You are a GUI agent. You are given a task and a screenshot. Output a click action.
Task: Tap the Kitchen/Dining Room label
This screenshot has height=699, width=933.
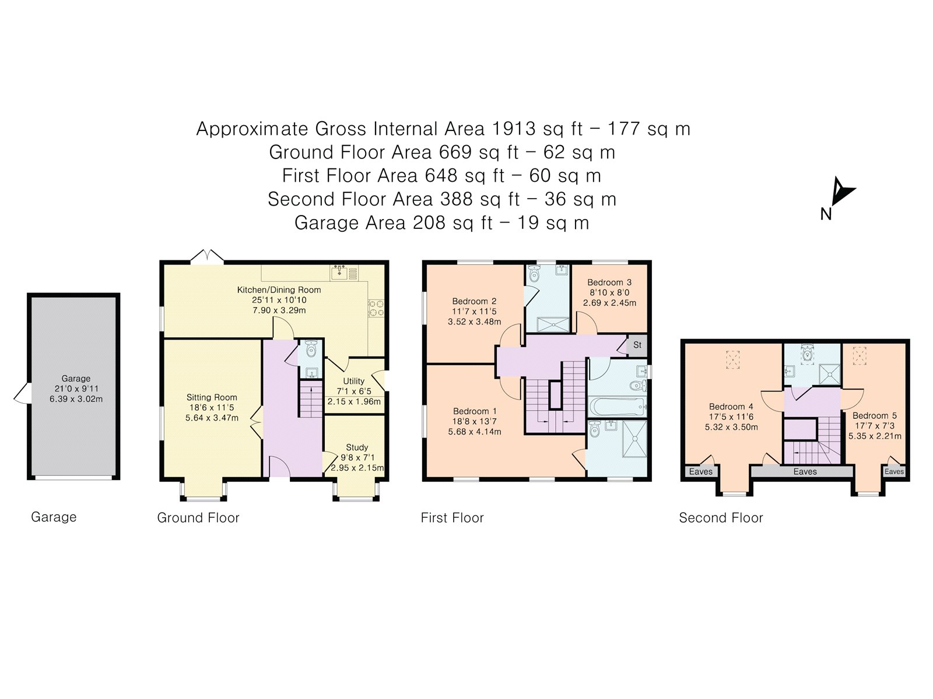coord(279,290)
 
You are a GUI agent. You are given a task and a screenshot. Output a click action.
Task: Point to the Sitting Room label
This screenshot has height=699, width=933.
coord(212,397)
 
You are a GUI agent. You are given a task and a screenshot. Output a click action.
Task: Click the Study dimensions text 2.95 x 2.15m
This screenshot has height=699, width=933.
coord(357,468)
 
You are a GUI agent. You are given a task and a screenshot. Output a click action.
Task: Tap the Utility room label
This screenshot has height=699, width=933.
coord(353,381)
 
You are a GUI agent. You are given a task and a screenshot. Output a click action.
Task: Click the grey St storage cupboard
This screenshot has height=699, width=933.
coord(637,345)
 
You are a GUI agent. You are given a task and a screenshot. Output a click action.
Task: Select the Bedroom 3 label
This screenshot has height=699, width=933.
coord(609,282)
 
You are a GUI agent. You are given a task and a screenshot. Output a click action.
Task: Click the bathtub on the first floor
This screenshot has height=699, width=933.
coord(617,406)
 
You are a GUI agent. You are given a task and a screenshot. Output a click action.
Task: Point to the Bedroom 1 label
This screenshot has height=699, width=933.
coord(475,411)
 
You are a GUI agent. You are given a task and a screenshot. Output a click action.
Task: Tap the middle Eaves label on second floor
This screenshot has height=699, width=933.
coord(805,471)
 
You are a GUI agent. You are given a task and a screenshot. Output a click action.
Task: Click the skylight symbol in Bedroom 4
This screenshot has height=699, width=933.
coord(732,359)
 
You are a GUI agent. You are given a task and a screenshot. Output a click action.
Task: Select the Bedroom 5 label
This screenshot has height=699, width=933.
coord(874,415)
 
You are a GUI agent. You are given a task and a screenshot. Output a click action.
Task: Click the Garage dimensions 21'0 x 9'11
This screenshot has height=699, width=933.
coord(76,389)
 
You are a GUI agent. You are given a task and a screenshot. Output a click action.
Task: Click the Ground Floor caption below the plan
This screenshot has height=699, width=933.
coord(198,518)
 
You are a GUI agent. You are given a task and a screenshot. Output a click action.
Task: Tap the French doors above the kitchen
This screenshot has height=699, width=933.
coord(208,256)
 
